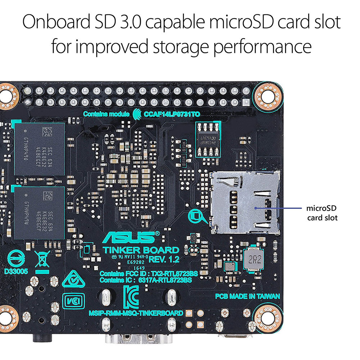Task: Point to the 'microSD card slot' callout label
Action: point(322,213)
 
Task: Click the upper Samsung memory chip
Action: point(40,149)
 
